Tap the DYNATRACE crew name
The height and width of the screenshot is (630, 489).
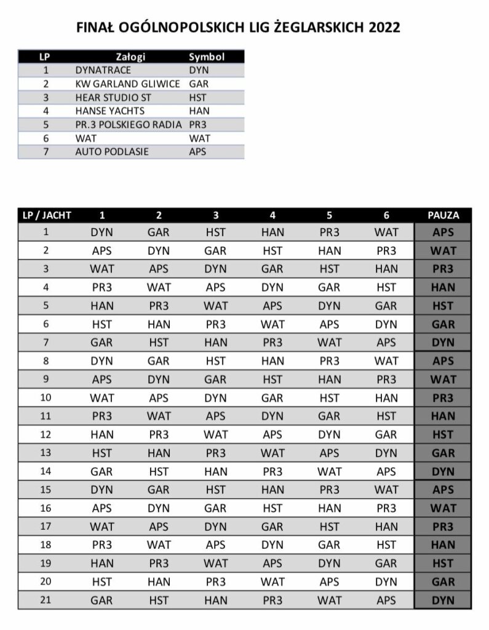(x=103, y=70)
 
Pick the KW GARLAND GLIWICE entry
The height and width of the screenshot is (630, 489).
(x=127, y=84)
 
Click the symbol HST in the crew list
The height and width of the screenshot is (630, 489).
(x=198, y=97)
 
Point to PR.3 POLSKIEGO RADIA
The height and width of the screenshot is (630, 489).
(x=128, y=124)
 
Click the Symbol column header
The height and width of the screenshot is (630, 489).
(x=207, y=57)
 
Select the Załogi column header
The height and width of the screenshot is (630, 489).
(x=130, y=57)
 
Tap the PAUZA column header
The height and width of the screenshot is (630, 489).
(x=443, y=215)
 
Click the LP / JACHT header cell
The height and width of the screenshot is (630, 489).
(x=47, y=215)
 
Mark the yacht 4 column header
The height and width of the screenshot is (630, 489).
(x=272, y=215)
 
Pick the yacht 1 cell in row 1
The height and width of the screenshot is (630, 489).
(x=102, y=233)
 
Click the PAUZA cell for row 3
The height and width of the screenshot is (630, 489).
(x=443, y=269)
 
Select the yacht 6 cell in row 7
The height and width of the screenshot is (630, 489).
(x=386, y=343)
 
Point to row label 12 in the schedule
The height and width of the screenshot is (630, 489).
(x=46, y=434)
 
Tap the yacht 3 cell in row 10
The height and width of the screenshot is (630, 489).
(x=216, y=398)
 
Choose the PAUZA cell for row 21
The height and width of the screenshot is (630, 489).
(x=443, y=600)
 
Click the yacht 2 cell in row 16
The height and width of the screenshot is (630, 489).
(x=159, y=508)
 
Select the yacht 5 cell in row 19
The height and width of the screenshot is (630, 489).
(x=329, y=564)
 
